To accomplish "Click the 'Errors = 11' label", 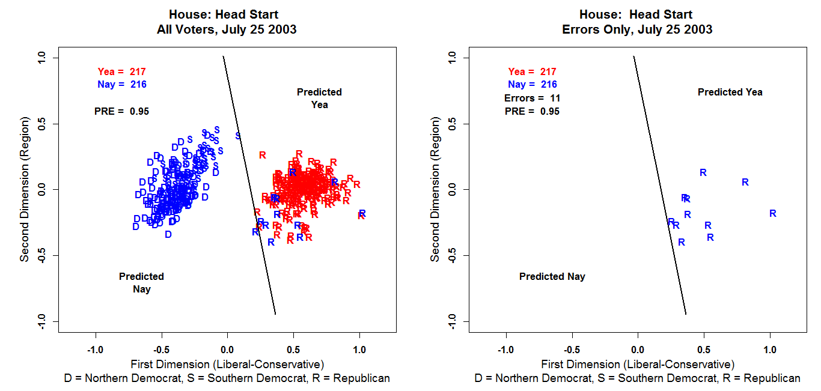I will click(532, 98).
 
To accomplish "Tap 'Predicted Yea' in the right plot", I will click(730, 92).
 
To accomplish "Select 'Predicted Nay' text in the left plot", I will click(141, 283).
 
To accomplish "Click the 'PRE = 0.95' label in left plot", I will click(121, 111).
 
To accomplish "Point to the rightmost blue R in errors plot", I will click(773, 213).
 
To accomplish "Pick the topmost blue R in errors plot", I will click(703, 173).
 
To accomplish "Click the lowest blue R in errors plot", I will click(682, 243).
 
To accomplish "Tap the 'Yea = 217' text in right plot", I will click(532, 71).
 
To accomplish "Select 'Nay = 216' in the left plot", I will click(121, 85).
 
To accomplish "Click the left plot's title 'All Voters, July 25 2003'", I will click(224, 29).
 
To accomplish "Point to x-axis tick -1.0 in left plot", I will click(95, 350).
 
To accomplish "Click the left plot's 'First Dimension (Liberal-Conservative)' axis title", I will click(227, 364).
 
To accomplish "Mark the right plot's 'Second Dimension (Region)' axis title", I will click(435, 189).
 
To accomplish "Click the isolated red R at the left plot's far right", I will click(361, 216).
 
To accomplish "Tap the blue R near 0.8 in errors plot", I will click(745, 182).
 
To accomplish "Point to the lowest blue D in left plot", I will click(168, 234).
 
